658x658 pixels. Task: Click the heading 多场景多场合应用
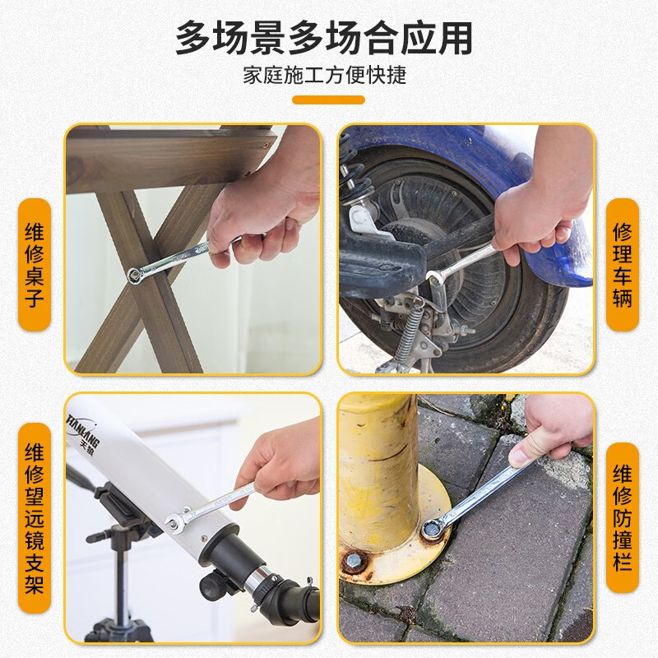click(324, 38)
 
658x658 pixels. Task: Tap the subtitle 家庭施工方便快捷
click(325, 76)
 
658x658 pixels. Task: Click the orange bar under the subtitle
click(328, 100)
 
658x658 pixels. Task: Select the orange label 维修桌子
click(35, 265)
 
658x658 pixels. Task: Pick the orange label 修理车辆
click(623, 265)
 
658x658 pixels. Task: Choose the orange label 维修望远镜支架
click(35, 518)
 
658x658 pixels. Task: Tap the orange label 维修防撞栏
click(623, 517)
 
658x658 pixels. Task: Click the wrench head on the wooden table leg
click(135, 276)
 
